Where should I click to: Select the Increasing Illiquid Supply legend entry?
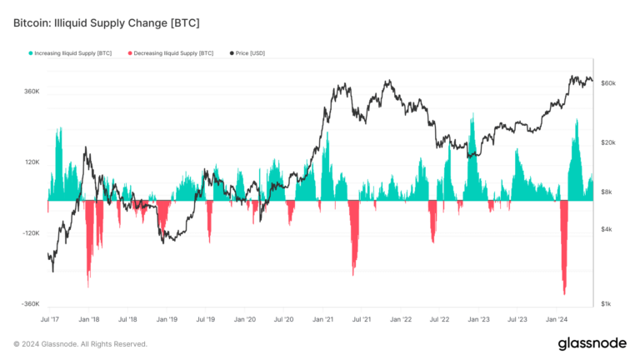(x=70, y=53)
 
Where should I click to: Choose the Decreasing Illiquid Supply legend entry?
(x=171, y=53)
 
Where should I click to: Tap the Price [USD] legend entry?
(x=246, y=53)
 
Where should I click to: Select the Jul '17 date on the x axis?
(x=50, y=319)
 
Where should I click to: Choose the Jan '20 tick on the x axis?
(x=245, y=319)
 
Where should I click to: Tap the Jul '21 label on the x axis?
(x=362, y=319)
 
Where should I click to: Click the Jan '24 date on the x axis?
(x=557, y=319)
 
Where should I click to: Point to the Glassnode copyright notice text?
(x=80, y=343)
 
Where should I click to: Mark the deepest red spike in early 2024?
(x=564, y=293)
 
